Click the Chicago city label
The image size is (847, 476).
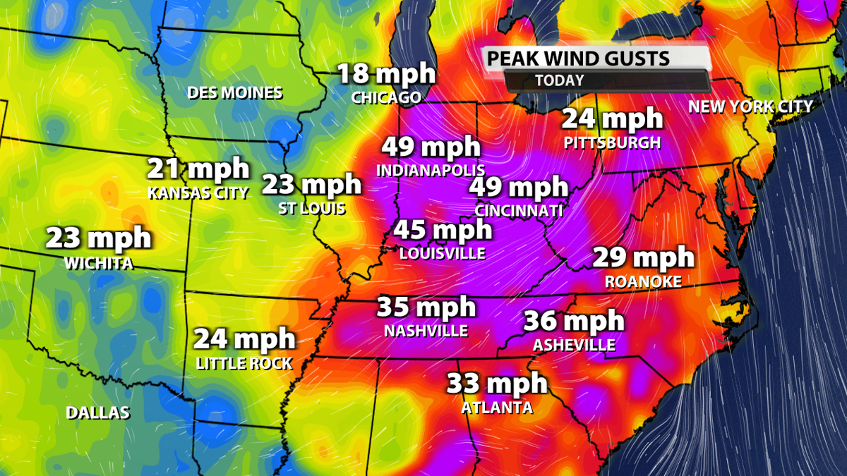tap(386, 97)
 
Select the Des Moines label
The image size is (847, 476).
tap(234, 92)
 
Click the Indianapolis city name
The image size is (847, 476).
tap(431, 170)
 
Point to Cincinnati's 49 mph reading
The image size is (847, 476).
tap(519, 187)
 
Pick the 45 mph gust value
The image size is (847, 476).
tap(443, 230)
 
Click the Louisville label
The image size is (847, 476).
tap(443, 252)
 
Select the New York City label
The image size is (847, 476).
tap(751, 106)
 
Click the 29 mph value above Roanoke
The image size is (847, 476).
tap(643, 258)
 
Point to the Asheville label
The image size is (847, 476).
tap(574, 345)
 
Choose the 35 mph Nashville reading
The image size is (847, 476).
tap(426, 307)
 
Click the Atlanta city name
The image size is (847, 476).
tap(497, 407)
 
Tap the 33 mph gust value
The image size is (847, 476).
tap(497, 384)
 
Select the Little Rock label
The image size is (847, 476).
tap(244, 363)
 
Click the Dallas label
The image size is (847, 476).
tap(98, 413)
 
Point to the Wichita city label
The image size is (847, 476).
tap(98, 263)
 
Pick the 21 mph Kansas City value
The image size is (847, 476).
tap(198, 169)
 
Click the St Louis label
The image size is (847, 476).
tap(312, 208)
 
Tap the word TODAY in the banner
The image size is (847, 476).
tap(559, 80)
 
